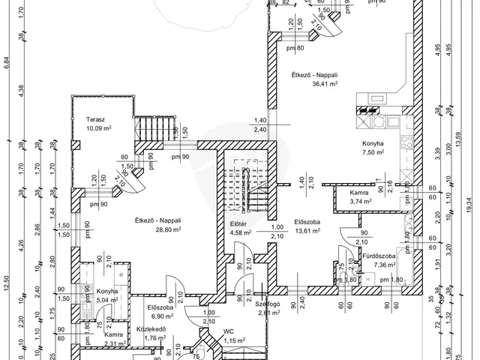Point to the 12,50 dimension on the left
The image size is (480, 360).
tap(6, 283)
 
